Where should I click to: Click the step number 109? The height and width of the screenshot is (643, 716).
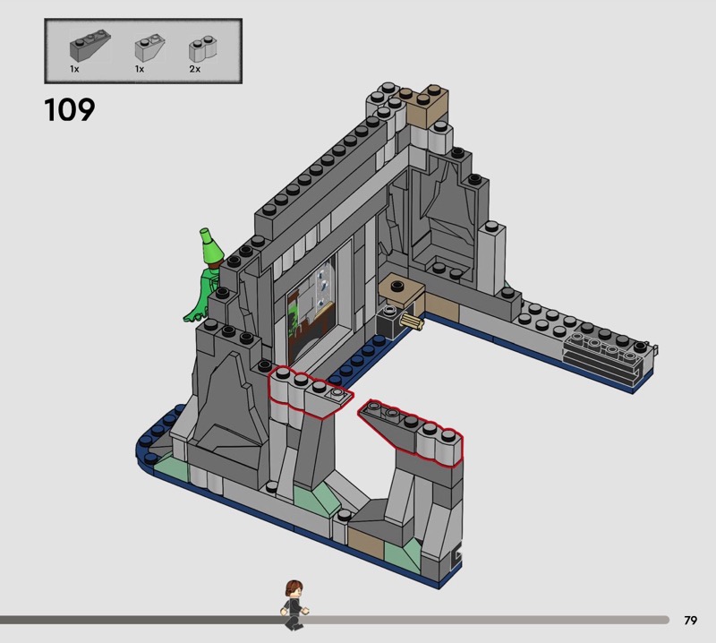(x=70, y=110)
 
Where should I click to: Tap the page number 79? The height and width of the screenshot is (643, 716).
(x=690, y=620)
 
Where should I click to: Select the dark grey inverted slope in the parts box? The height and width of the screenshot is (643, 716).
(x=89, y=46)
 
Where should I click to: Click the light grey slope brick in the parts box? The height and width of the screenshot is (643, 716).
(x=149, y=47)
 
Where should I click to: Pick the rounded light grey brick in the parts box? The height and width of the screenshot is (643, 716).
(x=203, y=49)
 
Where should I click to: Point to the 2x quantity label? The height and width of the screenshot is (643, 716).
(x=194, y=69)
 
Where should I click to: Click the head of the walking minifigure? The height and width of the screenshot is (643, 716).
(x=294, y=589)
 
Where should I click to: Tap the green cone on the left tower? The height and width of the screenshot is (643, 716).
(x=210, y=247)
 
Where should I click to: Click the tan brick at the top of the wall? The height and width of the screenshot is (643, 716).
(x=427, y=107)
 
